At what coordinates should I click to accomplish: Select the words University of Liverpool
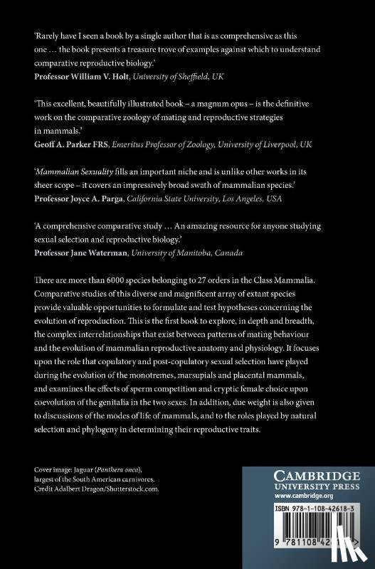(x=269, y=143)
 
